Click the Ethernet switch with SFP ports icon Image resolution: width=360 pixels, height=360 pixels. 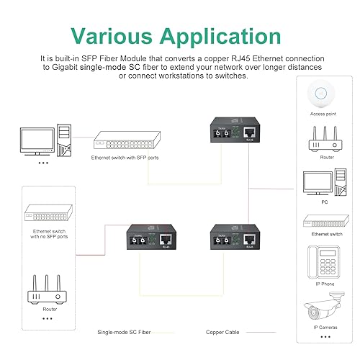click(125, 143)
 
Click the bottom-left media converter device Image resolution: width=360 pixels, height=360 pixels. click(148, 242)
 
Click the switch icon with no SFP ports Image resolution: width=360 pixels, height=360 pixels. click(48, 215)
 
